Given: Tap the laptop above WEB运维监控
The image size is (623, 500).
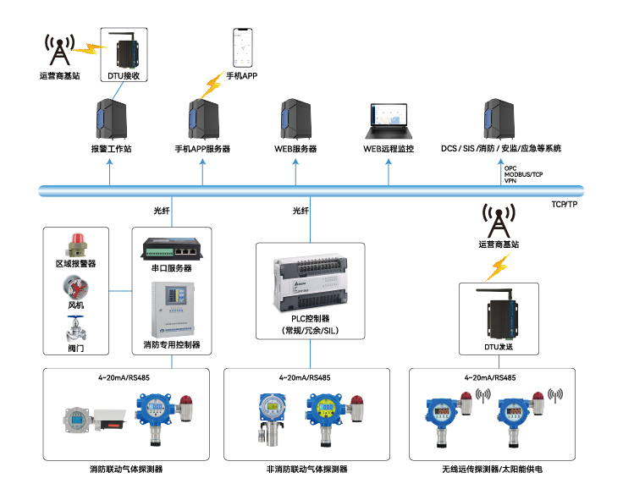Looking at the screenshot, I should (x=389, y=122).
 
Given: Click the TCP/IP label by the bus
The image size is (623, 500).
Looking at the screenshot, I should (x=564, y=204).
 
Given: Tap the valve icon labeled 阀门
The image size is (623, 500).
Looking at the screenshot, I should (x=76, y=328).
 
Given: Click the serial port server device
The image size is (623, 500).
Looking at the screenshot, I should (x=172, y=248).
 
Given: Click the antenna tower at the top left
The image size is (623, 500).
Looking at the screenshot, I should (x=58, y=51).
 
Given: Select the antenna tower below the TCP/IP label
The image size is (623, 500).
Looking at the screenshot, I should (x=498, y=222).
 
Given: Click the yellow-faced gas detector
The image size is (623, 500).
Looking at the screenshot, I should (x=327, y=410).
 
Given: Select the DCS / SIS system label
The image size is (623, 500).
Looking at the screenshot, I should (x=500, y=148).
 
